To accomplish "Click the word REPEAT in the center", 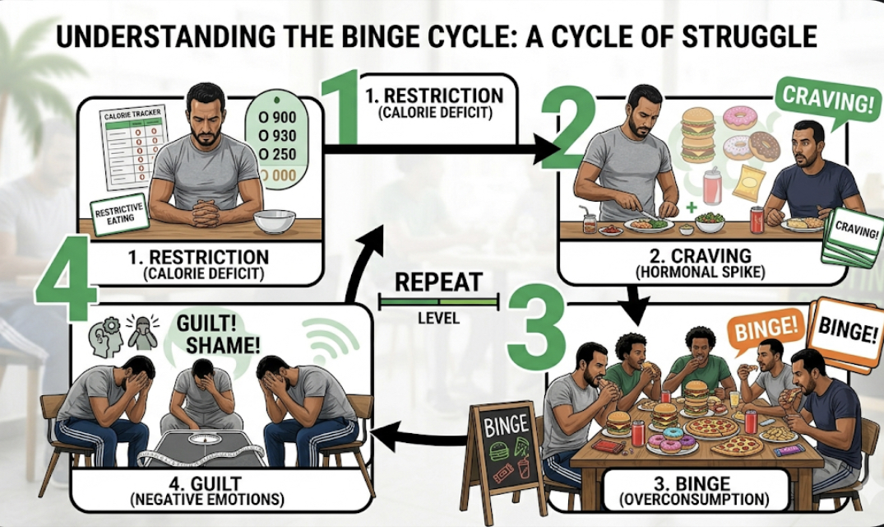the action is [438, 282].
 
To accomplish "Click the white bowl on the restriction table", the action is [275, 221].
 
